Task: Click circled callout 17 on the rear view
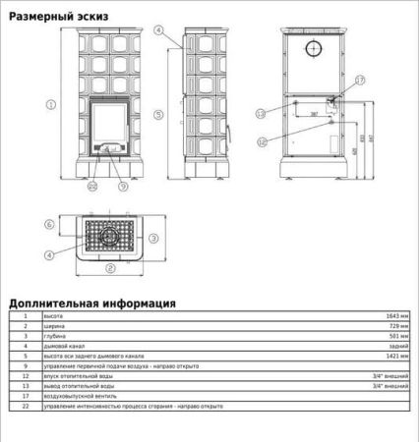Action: tap(360, 80)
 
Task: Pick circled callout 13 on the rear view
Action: tap(261, 114)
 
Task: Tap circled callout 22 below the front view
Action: tap(92, 185)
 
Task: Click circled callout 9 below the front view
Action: tap(123, 185)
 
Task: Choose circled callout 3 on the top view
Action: tap(153, 237)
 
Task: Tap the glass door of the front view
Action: tap(108, 124)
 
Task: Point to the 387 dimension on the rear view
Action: tap(314, 114)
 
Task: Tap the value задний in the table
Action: tap(397, 346)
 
